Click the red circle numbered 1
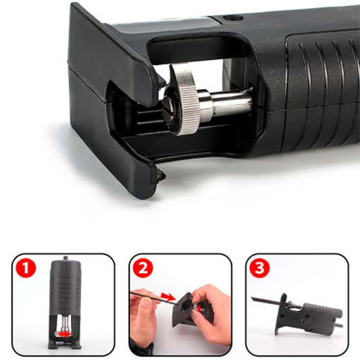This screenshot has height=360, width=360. click(x=26, y=268)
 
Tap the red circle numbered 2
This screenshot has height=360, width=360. click(x=143, y=268)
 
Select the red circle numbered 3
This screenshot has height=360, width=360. click(x=259, y=268)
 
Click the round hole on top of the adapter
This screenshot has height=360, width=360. click(x=232, y=18)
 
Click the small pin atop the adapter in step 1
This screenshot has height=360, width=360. click(x=66, y=258)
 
